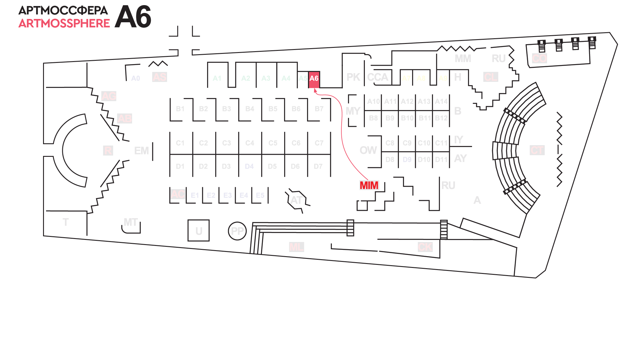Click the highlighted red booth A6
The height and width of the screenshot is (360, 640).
point(314,79)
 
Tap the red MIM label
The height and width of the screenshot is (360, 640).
point(369,185)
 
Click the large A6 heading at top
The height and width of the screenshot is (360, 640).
point(133,17)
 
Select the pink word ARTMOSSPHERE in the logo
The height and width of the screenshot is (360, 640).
point(64,23)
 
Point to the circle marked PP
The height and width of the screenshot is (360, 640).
point(237,231)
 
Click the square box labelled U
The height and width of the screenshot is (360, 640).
point(198,231)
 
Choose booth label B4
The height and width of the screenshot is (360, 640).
point(250,109)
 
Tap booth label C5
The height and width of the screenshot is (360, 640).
point(273,143)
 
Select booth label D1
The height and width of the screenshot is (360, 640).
point(180,166)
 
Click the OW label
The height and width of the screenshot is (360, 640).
point(368,150)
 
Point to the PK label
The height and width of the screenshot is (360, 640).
point(353,77)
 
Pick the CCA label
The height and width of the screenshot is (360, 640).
point(377,77)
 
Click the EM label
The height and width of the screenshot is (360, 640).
point(141,151)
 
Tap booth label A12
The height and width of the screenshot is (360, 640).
point(407,101)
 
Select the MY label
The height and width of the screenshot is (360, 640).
point(353,111)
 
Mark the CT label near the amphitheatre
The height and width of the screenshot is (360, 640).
point(537,150)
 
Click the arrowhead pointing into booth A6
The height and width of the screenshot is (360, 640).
point(315,90)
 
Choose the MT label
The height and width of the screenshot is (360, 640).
point(131,222)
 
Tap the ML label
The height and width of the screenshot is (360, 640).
point(297,247)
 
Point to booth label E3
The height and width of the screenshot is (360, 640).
point(227,195)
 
